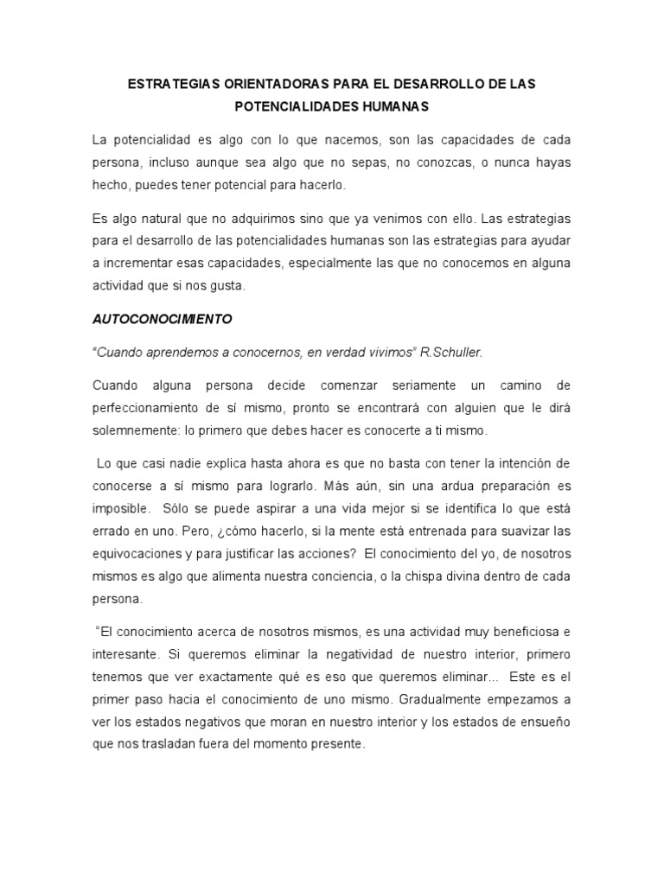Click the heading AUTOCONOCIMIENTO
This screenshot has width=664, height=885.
pyautogui.click(x=163, y=318)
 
